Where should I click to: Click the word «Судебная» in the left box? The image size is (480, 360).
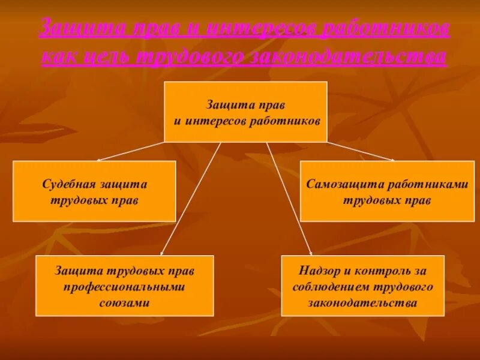point(65,185)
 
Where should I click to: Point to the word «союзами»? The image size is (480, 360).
point(124,303)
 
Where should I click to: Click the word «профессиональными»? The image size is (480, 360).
point(124,287)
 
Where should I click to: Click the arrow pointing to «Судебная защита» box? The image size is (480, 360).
point(131,151)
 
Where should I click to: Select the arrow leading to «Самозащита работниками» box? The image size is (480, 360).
point(360,151)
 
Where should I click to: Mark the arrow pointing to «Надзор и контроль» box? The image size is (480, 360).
point(289,198)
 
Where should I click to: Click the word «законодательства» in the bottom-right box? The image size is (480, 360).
point(362,303)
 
